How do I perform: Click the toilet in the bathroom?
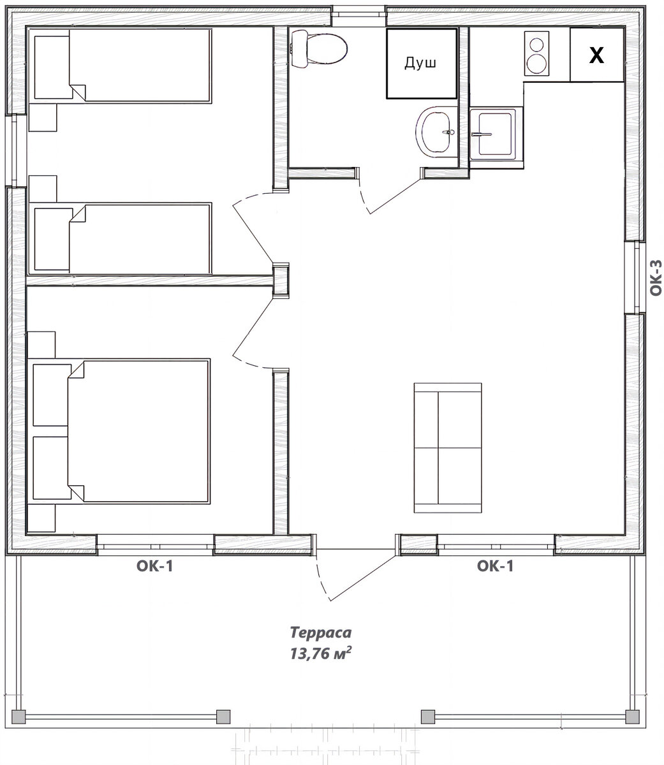click(x=319, y=49)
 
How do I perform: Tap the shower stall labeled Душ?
click(x=421, y=64)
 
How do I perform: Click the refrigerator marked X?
click(x=596, y=55)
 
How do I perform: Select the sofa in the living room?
click(x=447, y=448)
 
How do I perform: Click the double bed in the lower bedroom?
click(x=120, y=432)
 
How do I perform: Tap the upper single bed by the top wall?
click(x=121, y=66)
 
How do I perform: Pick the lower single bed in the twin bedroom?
click(x=121, y=239)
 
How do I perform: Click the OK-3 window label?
click(x=656, y=278)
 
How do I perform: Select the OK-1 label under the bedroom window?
click(x=155, y=567)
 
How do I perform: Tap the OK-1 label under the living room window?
click(x=495, y=566)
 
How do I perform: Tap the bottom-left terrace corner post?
click(x=18, y=717)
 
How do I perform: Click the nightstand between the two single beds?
click(x=43, y=189)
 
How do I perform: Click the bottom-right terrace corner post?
click(x=632, y=717)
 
